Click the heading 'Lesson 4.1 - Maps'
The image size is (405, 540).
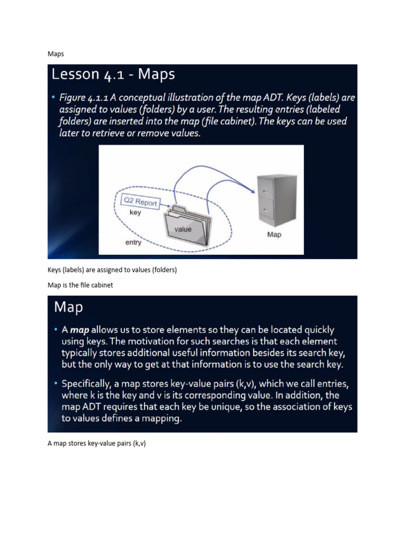click(113, 75)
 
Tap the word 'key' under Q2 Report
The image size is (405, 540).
click(135, 213)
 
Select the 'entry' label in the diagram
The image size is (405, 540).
click(133, 243)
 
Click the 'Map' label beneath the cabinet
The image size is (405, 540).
click(274, 234)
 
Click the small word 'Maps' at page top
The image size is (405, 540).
click(55, 54)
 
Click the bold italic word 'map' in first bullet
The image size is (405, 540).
click(80, 330)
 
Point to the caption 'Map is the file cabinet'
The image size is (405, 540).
click(80, 285)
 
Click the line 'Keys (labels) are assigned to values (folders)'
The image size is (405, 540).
click(112, 270)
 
